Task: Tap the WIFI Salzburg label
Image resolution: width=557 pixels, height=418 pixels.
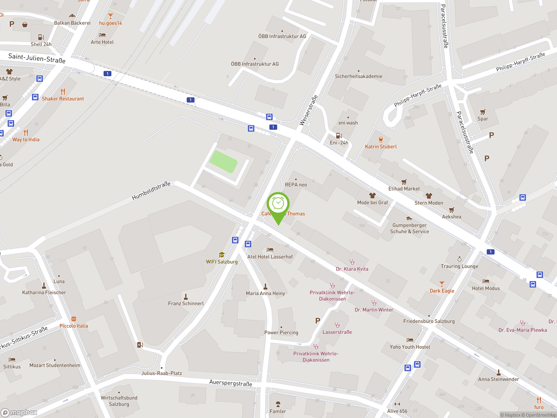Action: pos(221,262)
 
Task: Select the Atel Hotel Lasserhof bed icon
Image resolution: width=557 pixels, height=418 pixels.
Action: pos(270,250)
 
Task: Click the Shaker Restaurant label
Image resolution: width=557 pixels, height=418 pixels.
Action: pos(63,99)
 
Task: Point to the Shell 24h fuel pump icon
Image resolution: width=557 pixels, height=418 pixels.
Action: pos(41,37)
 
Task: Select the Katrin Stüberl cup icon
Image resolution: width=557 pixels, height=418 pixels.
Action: pos(381,140)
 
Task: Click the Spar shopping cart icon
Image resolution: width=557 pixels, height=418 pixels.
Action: pos(482,112)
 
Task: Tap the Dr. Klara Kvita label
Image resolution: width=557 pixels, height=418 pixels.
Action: pos(352,269)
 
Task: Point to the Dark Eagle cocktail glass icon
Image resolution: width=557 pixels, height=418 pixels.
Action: pos(442,284)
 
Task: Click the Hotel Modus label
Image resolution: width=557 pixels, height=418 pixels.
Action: pos(486,288)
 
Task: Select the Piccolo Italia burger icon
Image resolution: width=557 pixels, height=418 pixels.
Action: pos(74,319)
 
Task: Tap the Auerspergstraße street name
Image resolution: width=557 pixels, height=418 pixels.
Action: pos(231,383)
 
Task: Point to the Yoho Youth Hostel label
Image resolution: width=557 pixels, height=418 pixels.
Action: pos(410,347)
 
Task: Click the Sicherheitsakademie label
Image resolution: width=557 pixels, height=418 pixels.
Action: pos(359,76)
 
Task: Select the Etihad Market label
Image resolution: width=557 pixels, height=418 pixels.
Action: pos(404,189)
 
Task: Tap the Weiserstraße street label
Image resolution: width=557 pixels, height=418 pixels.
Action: pos(309,110)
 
